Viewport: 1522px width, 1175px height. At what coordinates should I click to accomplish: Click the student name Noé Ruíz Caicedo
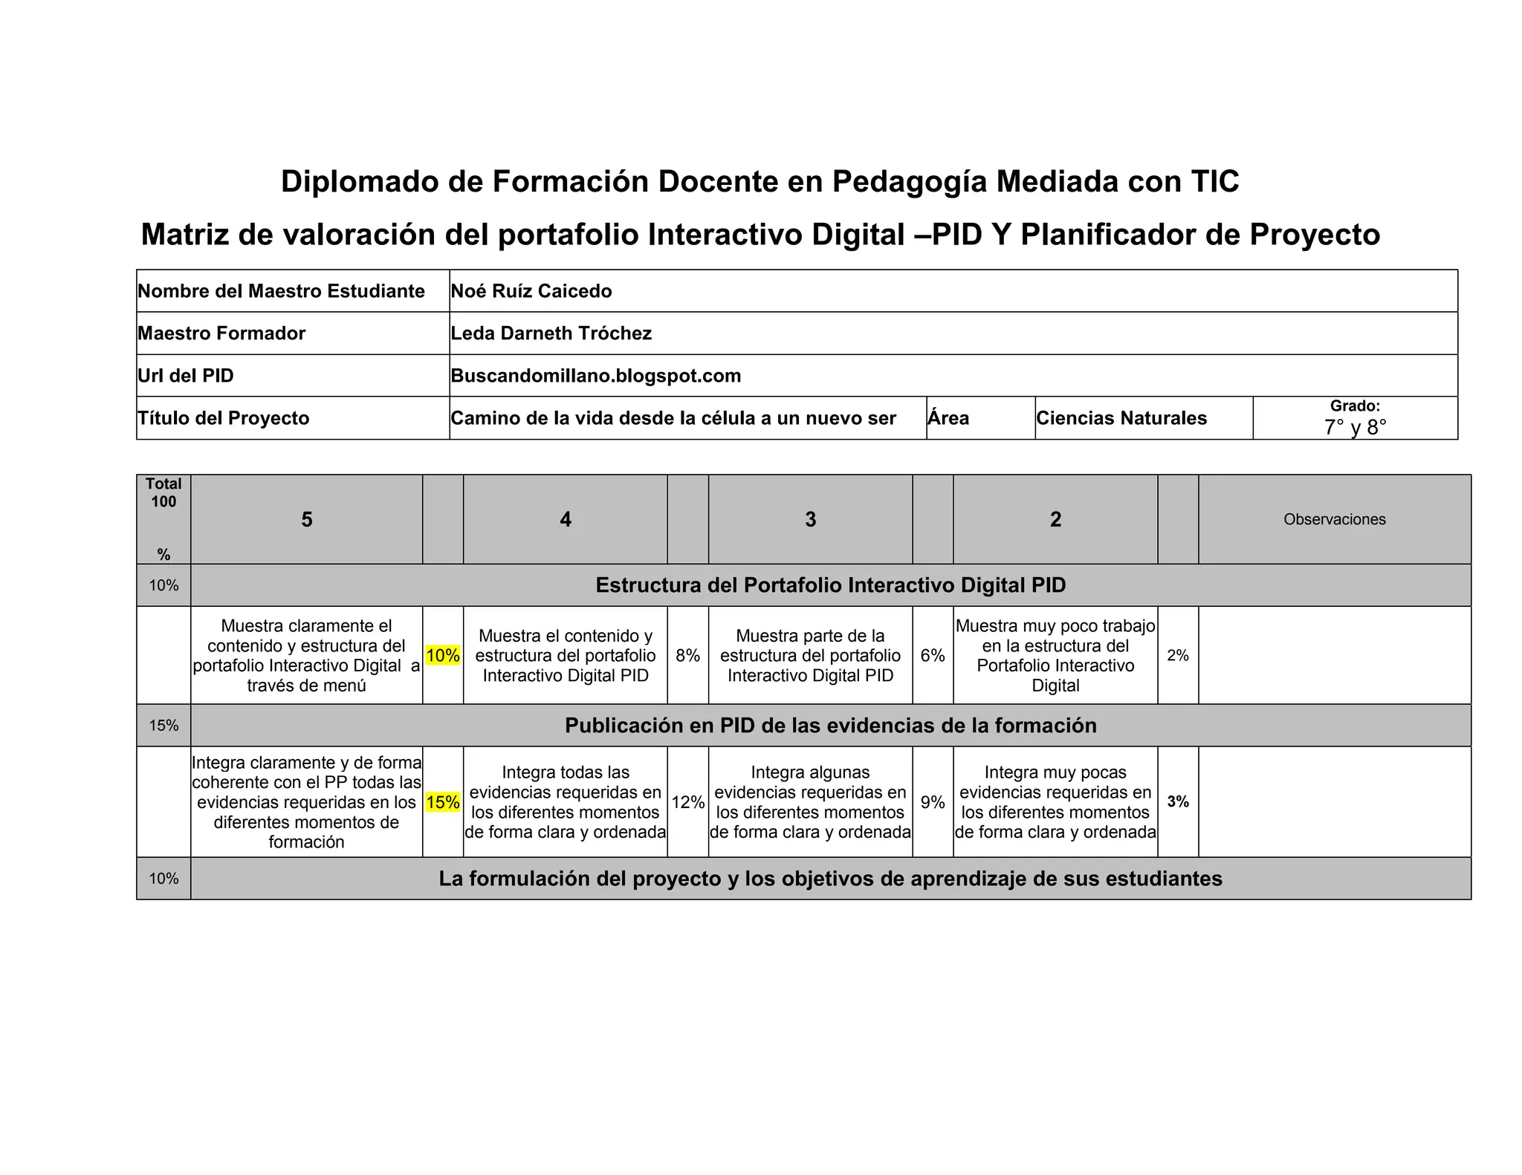(x=531, y=291)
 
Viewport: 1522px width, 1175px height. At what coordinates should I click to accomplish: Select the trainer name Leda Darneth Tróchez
(x=551, y=333)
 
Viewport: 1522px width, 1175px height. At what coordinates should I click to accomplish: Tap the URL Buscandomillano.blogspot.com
(x=595, y=376)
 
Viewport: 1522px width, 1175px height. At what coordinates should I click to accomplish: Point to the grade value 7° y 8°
(x=1355, y=427)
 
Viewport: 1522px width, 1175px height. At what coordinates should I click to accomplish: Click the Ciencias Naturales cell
(x=1121, y=418)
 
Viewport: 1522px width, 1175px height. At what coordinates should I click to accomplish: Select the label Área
(x=948, y=418)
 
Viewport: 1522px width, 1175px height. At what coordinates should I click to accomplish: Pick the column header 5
(x=306, y=519)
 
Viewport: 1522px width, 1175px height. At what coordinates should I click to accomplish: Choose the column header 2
(x=1055, y=519)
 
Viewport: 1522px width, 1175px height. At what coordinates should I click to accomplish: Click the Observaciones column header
(x=1334, y=519)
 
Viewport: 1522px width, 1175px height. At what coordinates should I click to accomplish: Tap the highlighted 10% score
(x=443, y=656)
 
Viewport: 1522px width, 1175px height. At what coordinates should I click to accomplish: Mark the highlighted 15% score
(x=443, y=802)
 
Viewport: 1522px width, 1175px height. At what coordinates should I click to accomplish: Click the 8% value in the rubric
(x=687, y=656)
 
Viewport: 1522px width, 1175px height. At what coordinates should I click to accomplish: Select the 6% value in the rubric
(x=933, y=656)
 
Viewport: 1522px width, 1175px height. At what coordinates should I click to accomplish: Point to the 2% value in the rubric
(x=1178, y=656)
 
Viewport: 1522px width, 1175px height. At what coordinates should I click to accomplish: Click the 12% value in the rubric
(x=687, y=802)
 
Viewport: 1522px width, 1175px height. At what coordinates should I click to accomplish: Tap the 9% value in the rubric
(x=933, y=802)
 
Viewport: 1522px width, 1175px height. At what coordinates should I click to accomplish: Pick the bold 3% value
(x=1178, y=802)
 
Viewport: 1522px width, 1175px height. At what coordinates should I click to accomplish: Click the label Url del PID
(x=186, y=376)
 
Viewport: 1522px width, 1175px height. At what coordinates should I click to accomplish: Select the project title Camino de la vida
(x=673, y=418)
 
